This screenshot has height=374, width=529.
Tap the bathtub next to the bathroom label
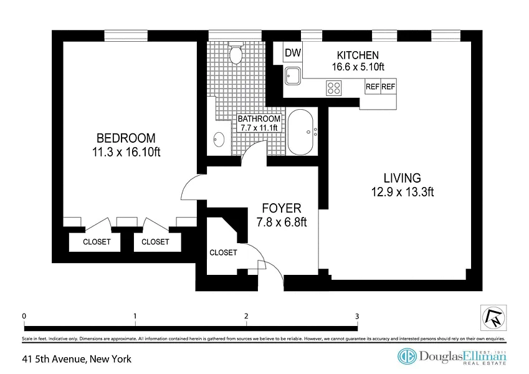tap(300, 132)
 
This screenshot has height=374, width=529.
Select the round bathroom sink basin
tap(219, 140)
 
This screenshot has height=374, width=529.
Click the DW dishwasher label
tap(293, 52)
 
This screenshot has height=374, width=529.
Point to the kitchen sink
tap(293, 75)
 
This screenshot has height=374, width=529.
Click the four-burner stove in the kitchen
tap(333, 88)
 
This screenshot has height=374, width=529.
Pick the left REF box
tap(373, 87)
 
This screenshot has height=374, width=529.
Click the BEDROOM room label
tap(126, 138)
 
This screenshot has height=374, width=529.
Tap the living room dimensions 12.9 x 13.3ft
tap(403, 192)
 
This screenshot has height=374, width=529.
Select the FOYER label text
tap(282, 208)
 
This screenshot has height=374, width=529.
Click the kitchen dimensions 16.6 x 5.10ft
tap(358, 67)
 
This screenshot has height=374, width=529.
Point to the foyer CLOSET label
tap(223, 252)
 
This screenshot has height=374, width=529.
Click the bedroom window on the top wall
tap(126, 36)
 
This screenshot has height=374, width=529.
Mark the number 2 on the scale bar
tap(246, 316)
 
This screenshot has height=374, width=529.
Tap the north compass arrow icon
tap(493, 318)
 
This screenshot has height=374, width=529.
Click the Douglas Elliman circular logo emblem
tap(407, 357)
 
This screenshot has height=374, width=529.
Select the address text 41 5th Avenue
tap(54, 359)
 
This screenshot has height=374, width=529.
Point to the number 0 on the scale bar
tap(24, 316)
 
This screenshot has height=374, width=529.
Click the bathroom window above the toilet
tap(235, 36)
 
